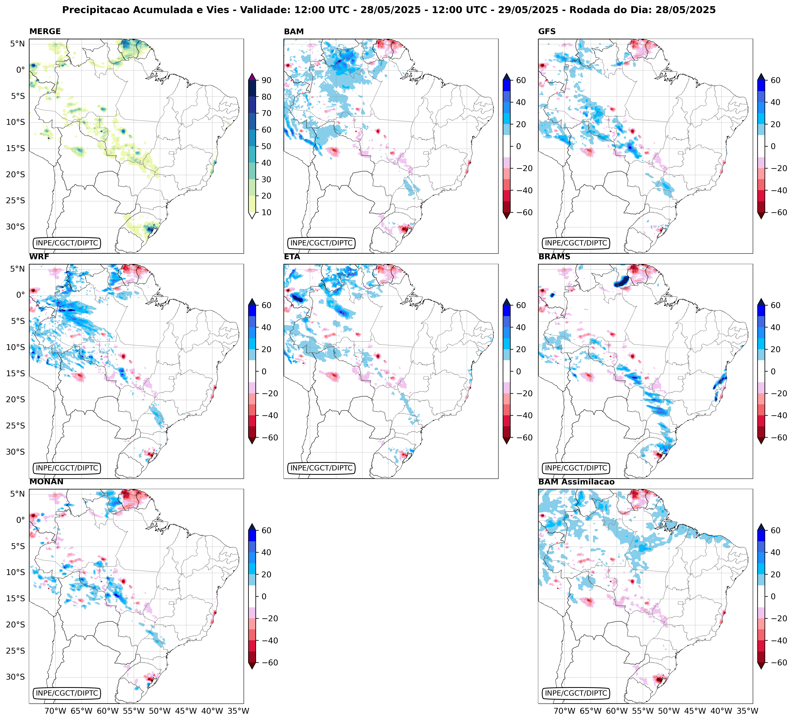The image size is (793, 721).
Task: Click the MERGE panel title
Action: pyautogui.click(x=45, y=31)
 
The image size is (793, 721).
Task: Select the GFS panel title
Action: pyautogui.click(x=547, y=31)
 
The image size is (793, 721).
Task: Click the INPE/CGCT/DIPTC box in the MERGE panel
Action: pyautogui.click(x=66, y=243)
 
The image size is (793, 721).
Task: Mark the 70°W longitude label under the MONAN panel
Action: pyautogui.click(x=55, y=711)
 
